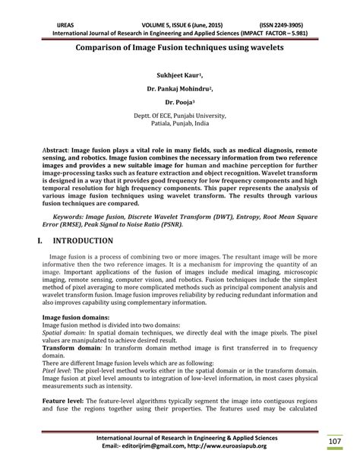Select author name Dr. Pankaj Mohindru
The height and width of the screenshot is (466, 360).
point(179,88)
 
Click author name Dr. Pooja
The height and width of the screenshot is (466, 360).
point(179,100)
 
